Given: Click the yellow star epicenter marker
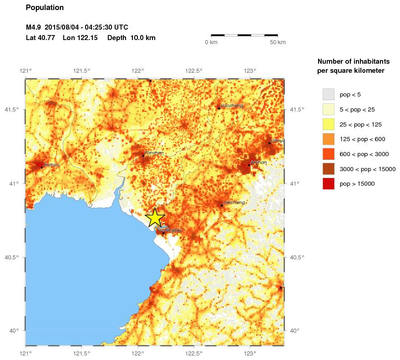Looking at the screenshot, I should click(155, 218).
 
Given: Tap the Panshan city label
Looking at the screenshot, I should click(154, 153).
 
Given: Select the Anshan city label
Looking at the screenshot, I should click(258, 162).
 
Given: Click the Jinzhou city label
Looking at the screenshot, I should click(51, 164).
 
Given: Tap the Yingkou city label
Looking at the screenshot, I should click(174, 231).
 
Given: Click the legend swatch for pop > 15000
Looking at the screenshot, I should click(328, 183).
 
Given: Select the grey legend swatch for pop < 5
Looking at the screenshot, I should click(328, 94).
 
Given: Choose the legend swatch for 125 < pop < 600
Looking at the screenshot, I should click(328, 139).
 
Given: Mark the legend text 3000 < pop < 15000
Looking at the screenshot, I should click(368, 169).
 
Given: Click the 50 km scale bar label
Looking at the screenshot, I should click(278, 42).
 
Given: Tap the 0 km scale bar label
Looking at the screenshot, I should click(211, 42).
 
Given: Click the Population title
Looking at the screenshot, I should click(45, 8).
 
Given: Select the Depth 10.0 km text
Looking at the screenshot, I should click(131, 38).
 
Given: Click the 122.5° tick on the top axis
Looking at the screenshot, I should click(194, 71).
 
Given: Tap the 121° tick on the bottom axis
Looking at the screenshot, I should click(25, 352).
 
